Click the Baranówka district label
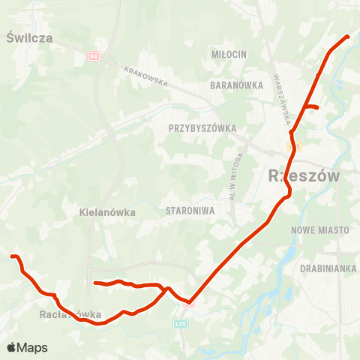pos(236,85)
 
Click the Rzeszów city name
pos(303,176)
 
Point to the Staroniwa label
pos(190,211)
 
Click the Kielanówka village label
pos(107,212)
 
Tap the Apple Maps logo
pos(27,347)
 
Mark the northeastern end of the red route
pos(348,36)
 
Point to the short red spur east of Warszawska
pos(313,107)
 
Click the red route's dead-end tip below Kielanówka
pos(94,283)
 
